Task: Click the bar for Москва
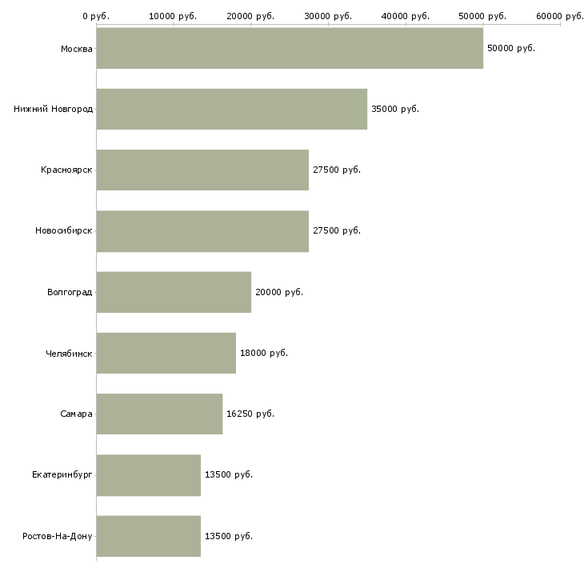290,48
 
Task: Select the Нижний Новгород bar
232,109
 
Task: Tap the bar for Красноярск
202,170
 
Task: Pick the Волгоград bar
174,292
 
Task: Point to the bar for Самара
159,414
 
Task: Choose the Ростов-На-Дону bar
148,536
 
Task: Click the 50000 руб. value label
510,48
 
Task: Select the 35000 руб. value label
394,109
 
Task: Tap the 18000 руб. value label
263,353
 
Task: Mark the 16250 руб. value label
250,414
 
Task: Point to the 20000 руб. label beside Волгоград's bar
278,292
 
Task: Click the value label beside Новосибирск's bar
336,230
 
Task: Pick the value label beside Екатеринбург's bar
228,474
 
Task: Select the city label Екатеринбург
62,474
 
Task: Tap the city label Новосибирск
64,230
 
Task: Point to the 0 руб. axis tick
96,16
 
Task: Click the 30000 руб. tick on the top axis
328,16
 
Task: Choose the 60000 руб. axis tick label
559,16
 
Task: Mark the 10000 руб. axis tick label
174,16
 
